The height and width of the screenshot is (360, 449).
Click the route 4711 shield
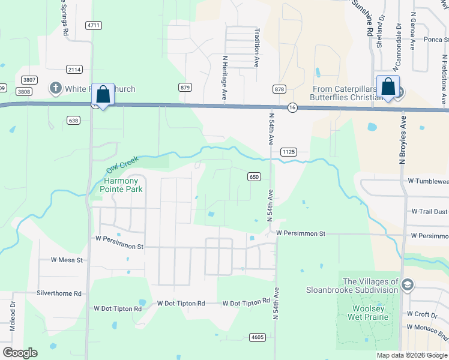tap(94, 25)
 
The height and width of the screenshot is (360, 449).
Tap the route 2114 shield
tap(74, 69)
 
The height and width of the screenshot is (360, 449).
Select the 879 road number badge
tap(185, 88)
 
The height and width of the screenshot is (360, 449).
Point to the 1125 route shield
tap(288, 152)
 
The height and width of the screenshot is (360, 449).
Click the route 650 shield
tap(254, 176)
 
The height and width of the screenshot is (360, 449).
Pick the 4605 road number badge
tap(258, 338)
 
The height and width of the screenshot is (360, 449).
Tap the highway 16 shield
tap(292, 107)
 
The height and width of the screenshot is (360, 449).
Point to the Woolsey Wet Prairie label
tap(364, 313)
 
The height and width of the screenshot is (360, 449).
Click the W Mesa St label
tap(67, 260)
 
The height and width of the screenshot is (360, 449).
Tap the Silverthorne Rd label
tap(59, 293)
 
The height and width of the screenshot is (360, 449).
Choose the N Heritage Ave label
tap(224, 78)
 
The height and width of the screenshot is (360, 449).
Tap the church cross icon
tap(56, 89)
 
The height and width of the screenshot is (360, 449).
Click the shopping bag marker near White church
tap(103, 95)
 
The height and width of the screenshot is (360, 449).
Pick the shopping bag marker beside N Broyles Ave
tap(388, 88)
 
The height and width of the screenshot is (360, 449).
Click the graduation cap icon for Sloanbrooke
tap(408, 284)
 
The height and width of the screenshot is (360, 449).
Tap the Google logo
tap(20, 353)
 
